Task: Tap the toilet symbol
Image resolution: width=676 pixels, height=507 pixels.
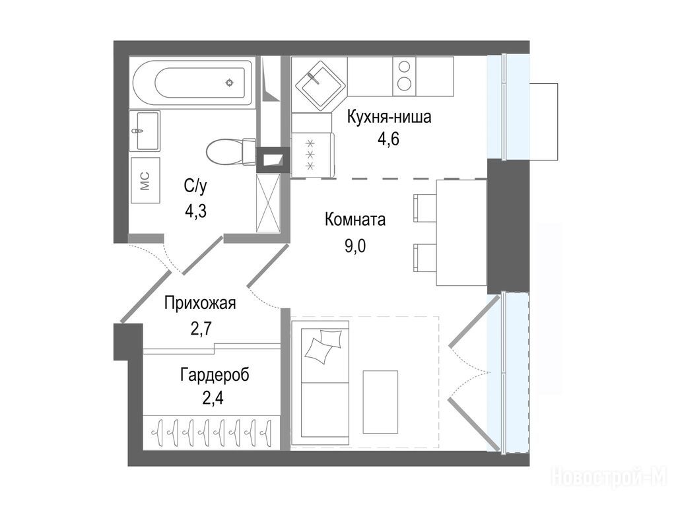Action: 230,151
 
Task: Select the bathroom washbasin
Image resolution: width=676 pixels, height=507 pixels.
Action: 145,131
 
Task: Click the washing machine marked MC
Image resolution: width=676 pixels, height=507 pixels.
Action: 145,180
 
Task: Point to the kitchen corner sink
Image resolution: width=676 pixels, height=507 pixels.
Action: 320,84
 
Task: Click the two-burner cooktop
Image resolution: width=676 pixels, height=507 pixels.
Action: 405,77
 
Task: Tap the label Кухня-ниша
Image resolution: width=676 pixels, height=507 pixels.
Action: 389,117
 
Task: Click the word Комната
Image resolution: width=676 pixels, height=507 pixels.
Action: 355,220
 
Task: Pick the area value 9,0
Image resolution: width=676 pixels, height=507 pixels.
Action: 355,246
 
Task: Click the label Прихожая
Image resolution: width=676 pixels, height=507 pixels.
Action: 200,304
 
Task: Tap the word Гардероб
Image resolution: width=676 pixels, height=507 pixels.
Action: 215,375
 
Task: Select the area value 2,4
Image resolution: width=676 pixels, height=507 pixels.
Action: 213,398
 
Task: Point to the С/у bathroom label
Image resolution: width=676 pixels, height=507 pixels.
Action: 195,186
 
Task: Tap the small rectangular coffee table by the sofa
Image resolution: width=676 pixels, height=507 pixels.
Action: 380,402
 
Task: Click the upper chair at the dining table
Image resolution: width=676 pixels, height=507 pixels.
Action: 425,208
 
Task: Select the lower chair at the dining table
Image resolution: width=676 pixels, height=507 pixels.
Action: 425,258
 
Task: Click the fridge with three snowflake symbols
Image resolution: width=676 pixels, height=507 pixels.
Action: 312,154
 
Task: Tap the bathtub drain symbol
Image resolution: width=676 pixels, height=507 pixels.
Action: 230,83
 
